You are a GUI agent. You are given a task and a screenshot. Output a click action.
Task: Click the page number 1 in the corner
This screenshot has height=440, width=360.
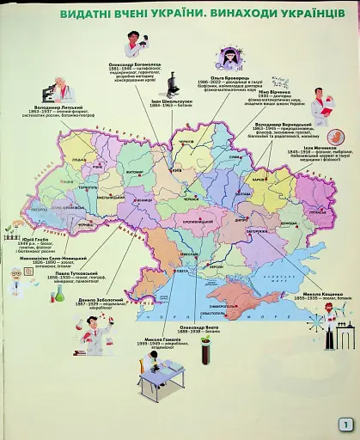coord(345,424)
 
